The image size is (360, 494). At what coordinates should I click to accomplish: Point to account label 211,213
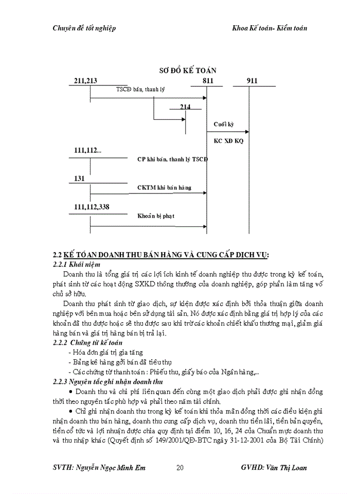(86, 81)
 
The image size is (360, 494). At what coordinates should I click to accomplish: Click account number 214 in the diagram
(185, 107)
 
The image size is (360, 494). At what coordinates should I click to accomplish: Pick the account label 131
(79, 178)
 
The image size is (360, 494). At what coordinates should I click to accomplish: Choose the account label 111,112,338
(92, 207)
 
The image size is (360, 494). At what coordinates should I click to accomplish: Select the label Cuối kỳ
(224, 125)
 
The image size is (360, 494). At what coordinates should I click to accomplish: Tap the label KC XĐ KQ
(229, 140)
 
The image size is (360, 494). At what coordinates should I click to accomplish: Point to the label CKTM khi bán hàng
(164, 187)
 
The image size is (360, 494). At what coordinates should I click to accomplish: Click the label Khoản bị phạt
(156, 216)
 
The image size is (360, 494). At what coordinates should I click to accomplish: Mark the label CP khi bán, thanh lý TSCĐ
(172, 159)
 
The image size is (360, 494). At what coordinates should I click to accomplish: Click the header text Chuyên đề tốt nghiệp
(84, 28)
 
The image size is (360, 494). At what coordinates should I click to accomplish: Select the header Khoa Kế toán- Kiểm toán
(269, 28)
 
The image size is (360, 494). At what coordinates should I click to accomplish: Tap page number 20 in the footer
(180, 468)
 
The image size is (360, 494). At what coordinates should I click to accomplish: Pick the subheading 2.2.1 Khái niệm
(77, 263)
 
